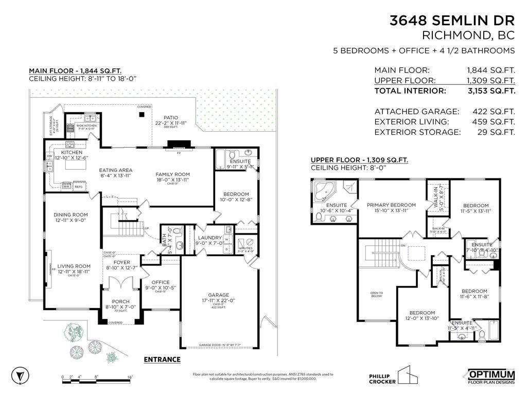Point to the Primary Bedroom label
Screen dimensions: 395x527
click(391, 205)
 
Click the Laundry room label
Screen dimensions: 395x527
click(209, 238)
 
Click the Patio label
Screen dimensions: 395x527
click(170, 117)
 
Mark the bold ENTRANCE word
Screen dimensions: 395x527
click(162, 360)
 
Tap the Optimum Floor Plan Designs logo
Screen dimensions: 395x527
click(490, 376)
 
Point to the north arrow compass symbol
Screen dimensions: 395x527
click(19, 374)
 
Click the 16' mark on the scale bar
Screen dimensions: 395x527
click(130, 378)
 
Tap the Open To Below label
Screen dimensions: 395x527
click(376, 295)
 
